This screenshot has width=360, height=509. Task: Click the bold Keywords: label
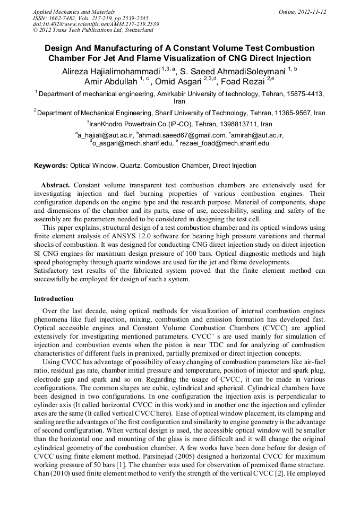[x=51, y=166]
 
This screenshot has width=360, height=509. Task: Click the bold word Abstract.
[x=56, y=185]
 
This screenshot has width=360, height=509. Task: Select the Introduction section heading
[x=54, y=299]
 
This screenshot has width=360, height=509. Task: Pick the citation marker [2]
[x=272, y=488]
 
